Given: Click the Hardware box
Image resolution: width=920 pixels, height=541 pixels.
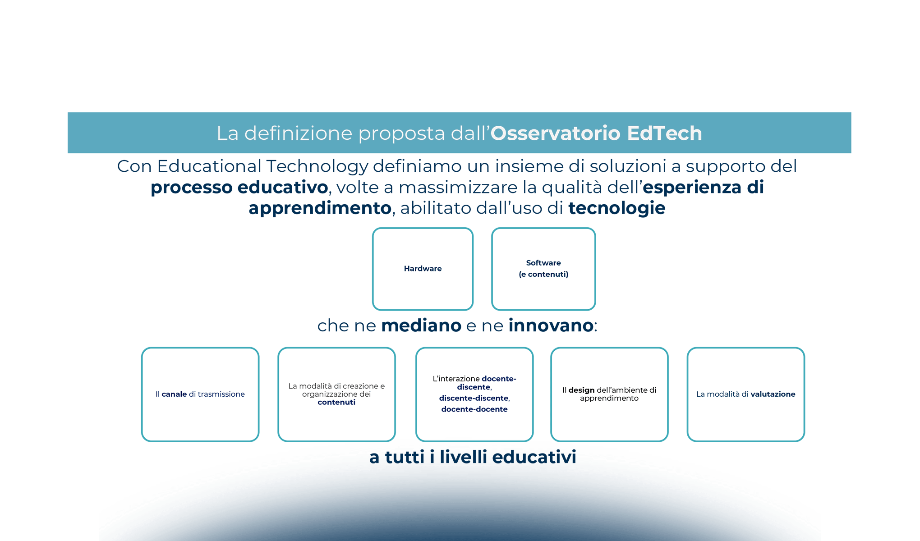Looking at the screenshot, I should (423, 269).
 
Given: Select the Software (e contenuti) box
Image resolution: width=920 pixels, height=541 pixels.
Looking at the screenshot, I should (543, 269).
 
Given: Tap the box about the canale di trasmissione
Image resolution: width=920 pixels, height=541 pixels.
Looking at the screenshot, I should (200, 394).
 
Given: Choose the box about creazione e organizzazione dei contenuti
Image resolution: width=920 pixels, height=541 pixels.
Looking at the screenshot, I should (336, 394).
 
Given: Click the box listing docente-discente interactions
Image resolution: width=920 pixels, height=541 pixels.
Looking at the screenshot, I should (474, 394).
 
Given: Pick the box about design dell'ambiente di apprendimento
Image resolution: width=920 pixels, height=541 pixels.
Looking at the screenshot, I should (609, 394).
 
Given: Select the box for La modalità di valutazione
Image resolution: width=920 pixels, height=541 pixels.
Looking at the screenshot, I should (746, 394).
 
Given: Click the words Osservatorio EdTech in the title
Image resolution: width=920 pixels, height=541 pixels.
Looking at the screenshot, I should (596, 133).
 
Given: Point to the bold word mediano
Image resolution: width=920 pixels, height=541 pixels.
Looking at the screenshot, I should (421, 326).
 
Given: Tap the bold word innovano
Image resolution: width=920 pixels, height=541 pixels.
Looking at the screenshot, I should (551, 326).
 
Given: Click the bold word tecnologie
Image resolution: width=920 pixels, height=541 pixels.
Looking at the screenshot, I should (616, 208).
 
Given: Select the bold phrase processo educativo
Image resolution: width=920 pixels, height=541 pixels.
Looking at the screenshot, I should (239, 188).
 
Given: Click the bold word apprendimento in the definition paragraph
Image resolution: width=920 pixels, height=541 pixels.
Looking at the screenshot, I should (320, 208).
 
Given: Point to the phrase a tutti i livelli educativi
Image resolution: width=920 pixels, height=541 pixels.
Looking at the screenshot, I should (473, 457).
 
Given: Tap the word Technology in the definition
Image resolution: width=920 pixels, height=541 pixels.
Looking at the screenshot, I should (317, 166).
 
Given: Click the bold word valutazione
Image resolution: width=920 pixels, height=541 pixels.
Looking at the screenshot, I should (773, 394).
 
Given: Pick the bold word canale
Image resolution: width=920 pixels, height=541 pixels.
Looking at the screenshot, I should (174, 394).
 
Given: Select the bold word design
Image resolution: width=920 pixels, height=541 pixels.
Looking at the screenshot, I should (581, 390).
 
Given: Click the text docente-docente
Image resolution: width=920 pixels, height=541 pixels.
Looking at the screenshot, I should (474, 409).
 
